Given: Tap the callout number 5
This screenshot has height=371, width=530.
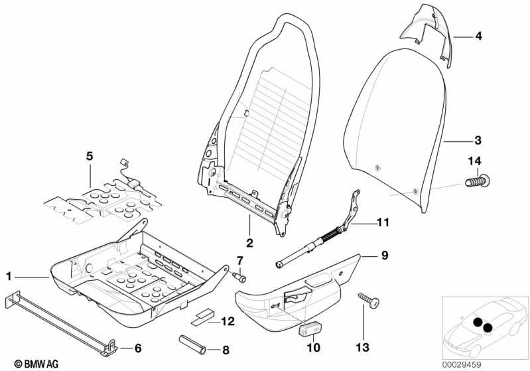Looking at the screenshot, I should tap(90, 157).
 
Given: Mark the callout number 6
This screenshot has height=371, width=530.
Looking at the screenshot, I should tap(139, 348).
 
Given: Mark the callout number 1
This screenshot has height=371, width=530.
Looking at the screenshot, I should tap(9, 275).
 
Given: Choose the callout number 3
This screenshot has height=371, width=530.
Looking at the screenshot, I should tap(477, 141).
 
